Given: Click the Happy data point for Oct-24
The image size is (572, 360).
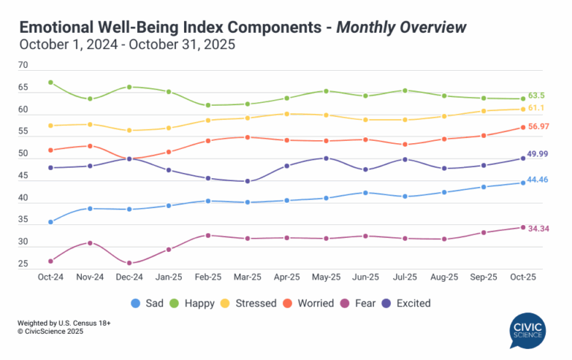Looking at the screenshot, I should click(50, 82).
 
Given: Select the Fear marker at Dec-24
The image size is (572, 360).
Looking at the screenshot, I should click(130, 263).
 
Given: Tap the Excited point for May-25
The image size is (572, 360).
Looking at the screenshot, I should click(326, 158).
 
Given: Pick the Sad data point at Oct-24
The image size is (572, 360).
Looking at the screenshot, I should click(50, 222).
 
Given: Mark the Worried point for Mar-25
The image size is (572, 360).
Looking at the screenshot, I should click(247, 137).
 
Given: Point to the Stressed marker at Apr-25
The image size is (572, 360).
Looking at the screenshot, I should click(287, 114).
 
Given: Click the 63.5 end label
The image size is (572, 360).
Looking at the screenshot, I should click(537, 96).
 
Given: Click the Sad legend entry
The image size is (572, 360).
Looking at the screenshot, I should click(148, 303).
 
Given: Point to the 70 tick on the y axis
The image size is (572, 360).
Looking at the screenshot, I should click(23, 66).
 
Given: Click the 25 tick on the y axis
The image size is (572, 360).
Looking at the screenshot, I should click(23, 265).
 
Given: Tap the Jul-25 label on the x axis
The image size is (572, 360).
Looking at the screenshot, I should click(404, 277).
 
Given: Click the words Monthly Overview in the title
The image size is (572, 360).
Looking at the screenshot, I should click(403, 28).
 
